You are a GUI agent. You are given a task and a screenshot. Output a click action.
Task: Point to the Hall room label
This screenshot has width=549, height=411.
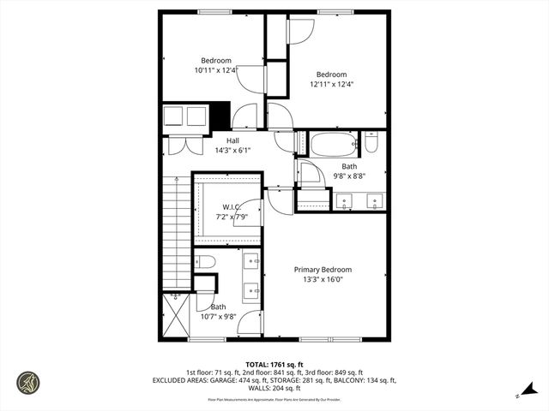coord(232,140)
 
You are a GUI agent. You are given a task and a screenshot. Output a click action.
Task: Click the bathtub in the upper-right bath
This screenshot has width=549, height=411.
coord(333,143)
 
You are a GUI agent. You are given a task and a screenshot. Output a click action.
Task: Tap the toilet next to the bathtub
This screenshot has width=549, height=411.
coord(371,142)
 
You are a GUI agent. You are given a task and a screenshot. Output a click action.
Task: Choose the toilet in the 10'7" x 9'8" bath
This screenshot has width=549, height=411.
coord(203,261)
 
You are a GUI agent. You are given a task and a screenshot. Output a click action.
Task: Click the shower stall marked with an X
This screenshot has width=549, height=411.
coord(178,314)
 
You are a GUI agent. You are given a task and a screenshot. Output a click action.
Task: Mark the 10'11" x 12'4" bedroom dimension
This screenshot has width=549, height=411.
coord(216,71)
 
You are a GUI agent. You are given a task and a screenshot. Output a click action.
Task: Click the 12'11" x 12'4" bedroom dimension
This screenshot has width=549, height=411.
coord(331,84)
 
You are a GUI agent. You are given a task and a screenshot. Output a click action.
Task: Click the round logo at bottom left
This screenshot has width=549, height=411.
coord(27,382)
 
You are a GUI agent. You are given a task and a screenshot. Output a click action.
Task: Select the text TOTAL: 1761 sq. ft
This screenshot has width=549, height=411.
coord(274,363)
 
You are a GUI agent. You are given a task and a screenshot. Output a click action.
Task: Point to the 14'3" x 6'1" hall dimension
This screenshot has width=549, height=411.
coord(232,151)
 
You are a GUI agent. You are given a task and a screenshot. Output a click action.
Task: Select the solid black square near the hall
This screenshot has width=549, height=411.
coord(220,116)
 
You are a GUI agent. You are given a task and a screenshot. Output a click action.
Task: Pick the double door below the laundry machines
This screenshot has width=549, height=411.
coord(184,146)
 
